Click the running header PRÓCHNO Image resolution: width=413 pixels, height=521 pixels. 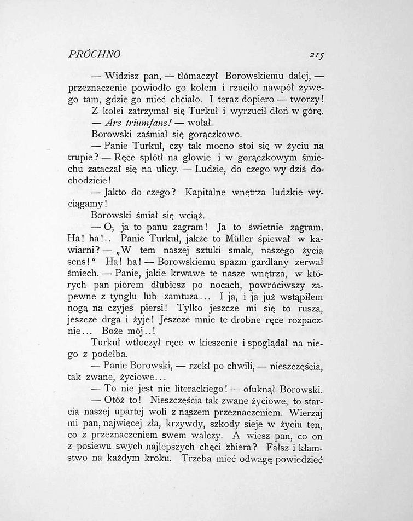pos(95,55)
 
